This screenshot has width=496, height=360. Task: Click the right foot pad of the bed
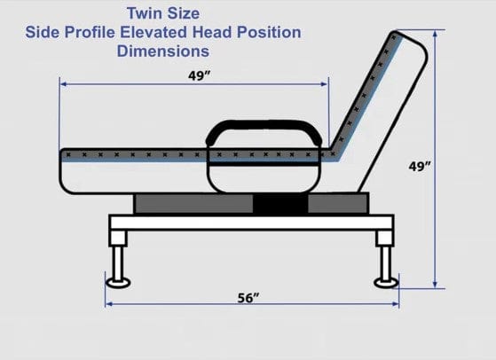[x=386, y=283]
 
